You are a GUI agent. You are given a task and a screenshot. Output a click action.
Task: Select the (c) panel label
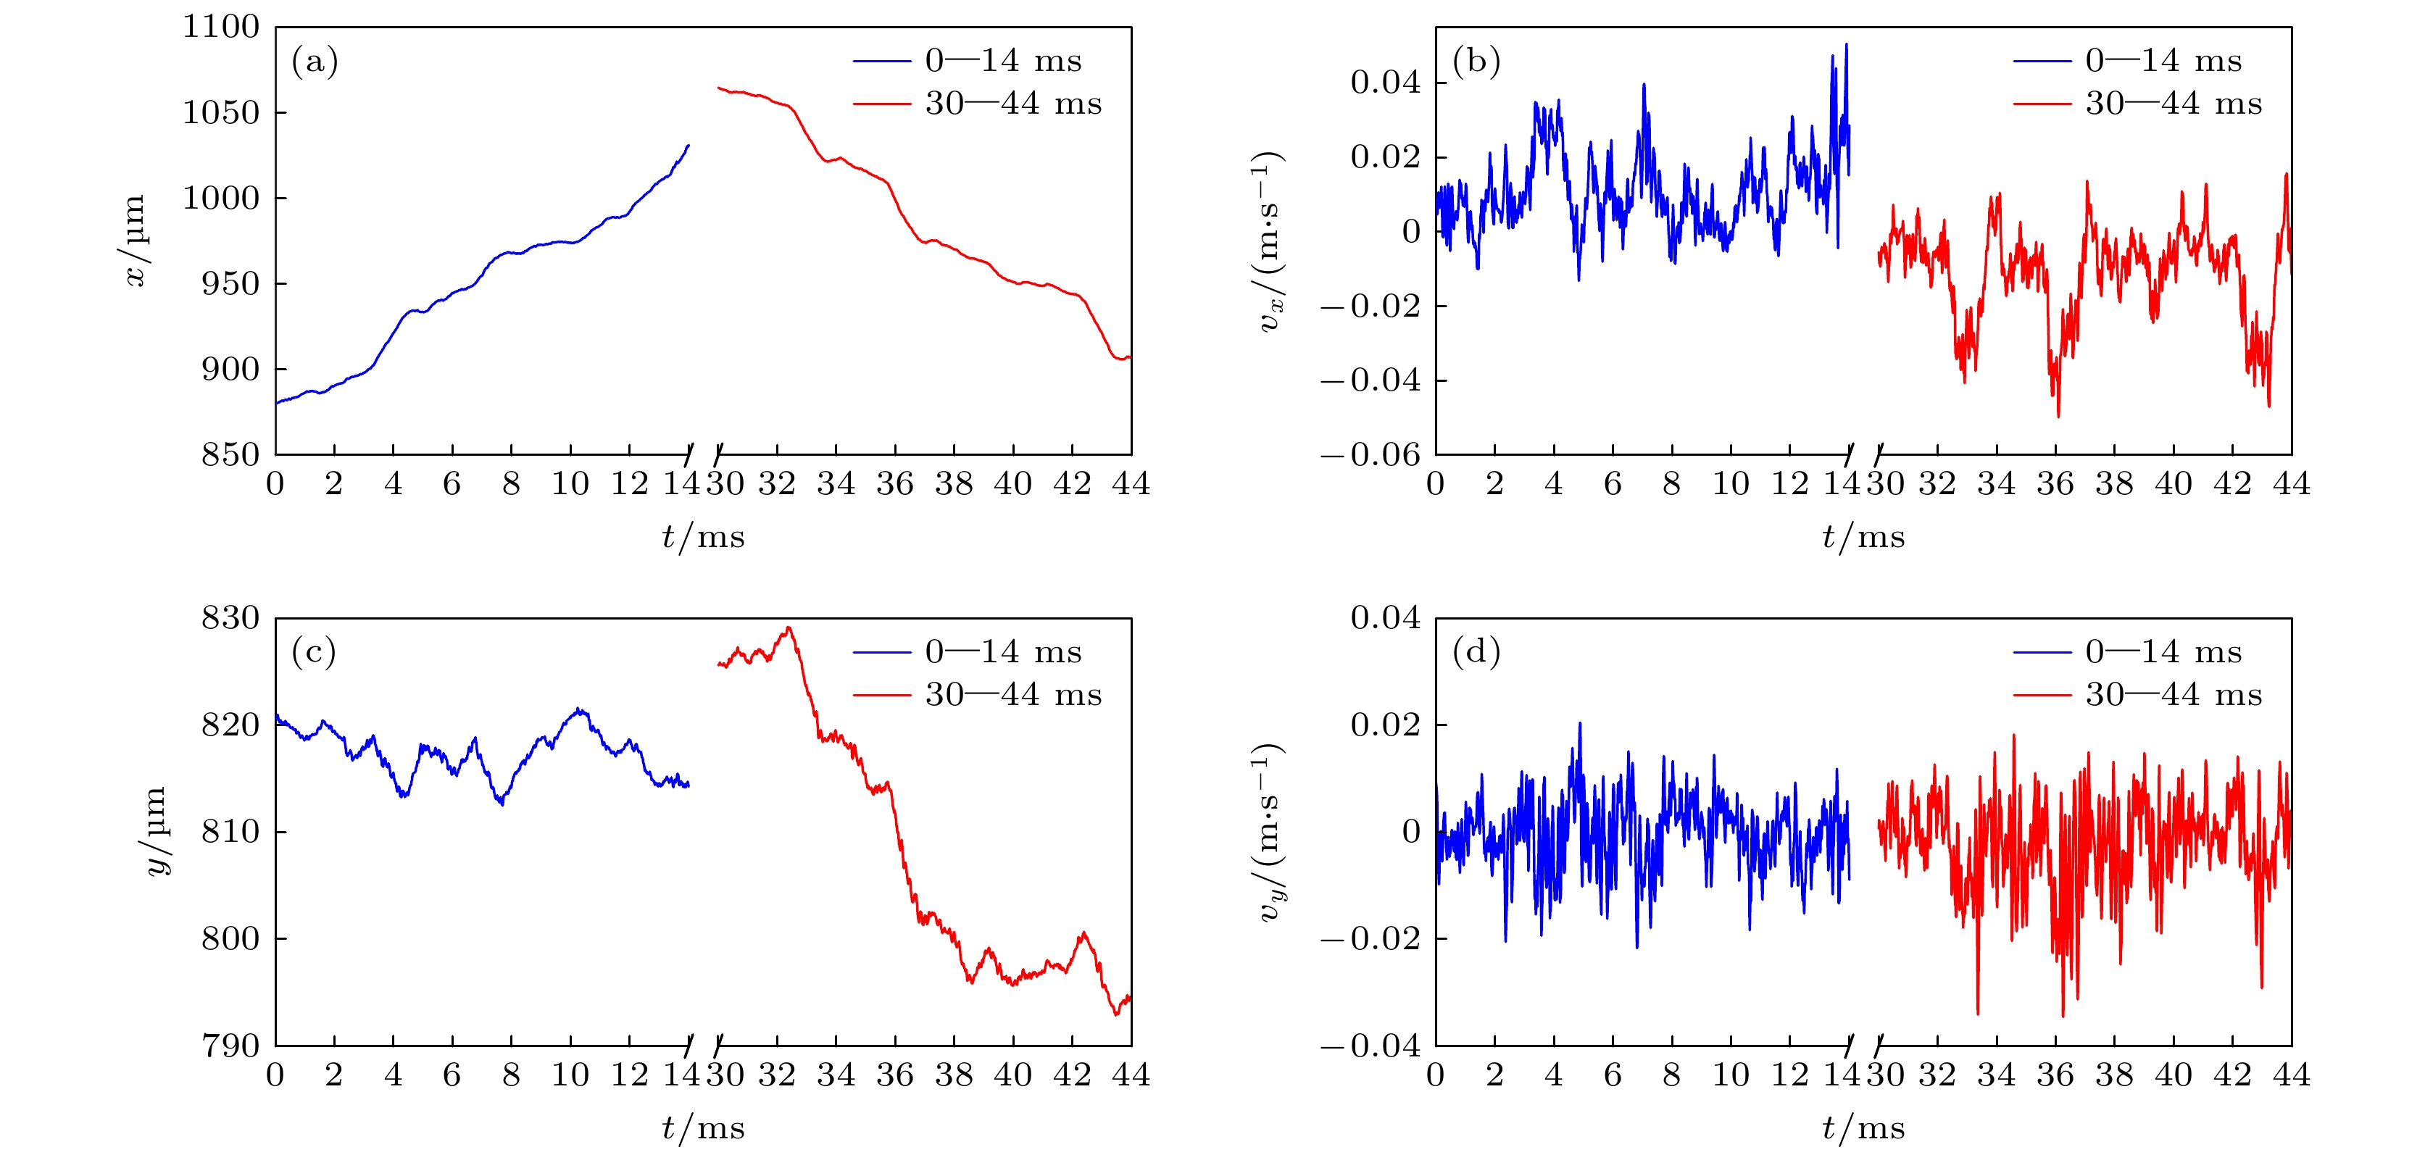pyautogui.click(x=314, y=651)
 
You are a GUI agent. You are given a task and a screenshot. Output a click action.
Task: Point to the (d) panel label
pyautogui.click(x=1475, y=651)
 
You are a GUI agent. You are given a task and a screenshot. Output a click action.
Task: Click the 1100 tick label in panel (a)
pyautogui.click(x=220, y=28)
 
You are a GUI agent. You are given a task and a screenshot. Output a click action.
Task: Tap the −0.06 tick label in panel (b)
pyautogui.click(x=1370, y=456)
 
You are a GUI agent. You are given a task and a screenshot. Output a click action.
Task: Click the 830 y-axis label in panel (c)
pyautogui.click(x=230, y=619)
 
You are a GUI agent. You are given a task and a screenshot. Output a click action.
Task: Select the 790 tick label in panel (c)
pyautogui.click(x=230, y=1046)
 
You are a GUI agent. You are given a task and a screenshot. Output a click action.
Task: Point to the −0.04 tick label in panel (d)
pyautogui.click(x=1370, y=1046)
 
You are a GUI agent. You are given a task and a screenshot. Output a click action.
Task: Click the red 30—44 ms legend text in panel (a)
pyautogui.click(x=1013, y=104)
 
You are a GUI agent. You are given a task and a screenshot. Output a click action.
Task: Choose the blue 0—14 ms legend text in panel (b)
pyautogui.click(x=2163, y=61)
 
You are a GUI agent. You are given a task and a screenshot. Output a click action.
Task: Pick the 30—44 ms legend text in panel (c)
pyautogui.click(x=1013, y=695)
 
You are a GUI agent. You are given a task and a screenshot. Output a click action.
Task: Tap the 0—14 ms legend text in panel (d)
pyautogui.click(x=2163, y=651)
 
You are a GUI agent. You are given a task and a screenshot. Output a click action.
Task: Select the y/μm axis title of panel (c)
pyautogui.click(x=157, y=831)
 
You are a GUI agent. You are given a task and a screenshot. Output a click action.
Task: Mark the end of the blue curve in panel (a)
pyautogui.click(x=689, y=146)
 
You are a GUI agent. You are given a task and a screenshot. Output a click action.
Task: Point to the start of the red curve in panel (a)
pyautogui.click(x=718, y=88)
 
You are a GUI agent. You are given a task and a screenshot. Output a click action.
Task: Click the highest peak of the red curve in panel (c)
pyautogui.click(x=789, y=628)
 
